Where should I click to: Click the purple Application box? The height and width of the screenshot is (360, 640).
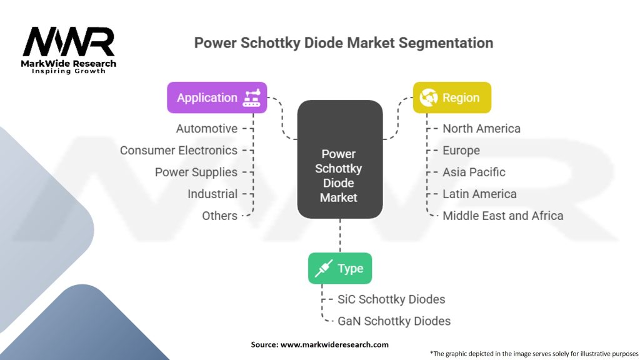217,97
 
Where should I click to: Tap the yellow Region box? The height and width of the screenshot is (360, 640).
452,97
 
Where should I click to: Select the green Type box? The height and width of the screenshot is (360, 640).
340,268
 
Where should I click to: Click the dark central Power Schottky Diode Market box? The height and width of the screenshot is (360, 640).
340,159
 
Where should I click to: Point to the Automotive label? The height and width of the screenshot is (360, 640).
206,129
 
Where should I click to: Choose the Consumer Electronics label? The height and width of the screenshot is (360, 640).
178,150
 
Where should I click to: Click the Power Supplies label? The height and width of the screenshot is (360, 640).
196,172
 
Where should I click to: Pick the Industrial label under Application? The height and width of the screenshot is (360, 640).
212,194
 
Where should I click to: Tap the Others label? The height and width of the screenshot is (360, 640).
219,216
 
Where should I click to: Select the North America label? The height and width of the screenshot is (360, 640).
482,129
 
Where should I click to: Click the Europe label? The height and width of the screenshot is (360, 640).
461,150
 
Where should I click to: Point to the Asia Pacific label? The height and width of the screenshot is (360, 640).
474,172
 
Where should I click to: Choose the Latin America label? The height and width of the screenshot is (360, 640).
479,194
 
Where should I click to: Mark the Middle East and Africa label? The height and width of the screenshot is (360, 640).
503,216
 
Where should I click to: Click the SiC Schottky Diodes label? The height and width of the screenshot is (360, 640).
391,299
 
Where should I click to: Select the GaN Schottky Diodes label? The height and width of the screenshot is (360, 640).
394,321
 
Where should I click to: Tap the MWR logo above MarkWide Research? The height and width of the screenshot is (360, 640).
69,42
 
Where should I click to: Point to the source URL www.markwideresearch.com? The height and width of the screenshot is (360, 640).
334,344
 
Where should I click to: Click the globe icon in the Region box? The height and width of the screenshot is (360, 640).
428,97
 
